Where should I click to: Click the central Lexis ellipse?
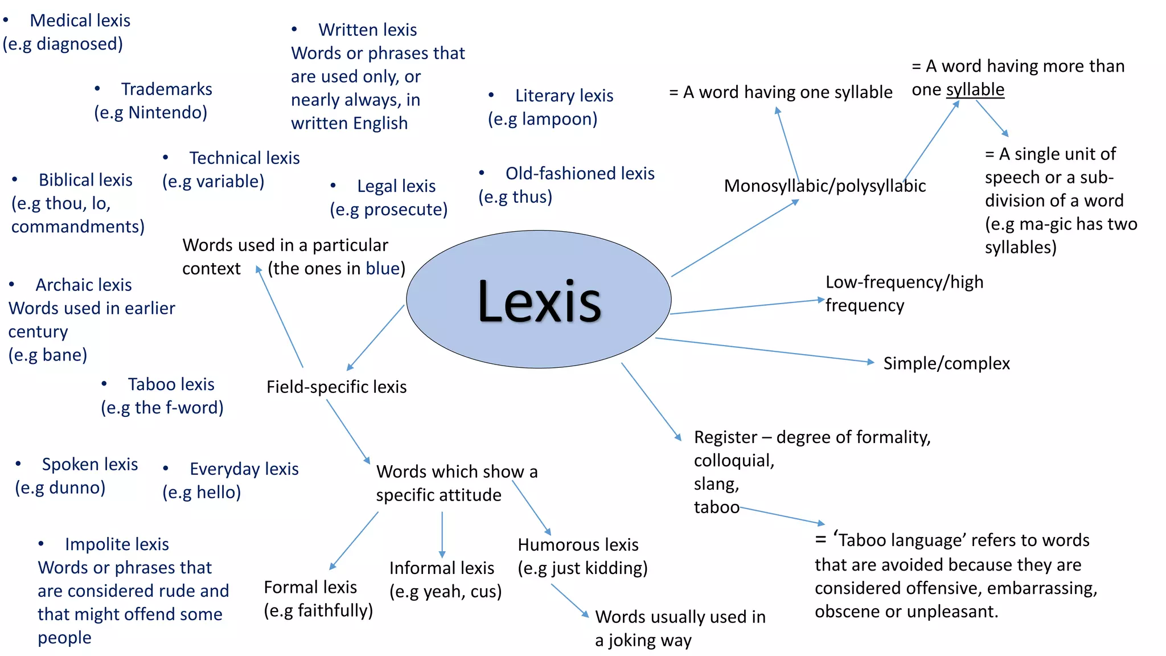tap(539, 299)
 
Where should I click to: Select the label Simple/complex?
tap(946, 363)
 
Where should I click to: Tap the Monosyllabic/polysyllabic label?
tap(824, 186)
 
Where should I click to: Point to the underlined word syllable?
tap(975, 90)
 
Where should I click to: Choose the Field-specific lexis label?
tap(336, 387)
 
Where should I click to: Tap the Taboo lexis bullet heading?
tap(171, 384)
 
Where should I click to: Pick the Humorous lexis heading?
tap(578, 545)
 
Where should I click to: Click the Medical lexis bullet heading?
tap(80, 20)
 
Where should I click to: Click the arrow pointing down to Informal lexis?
tap(442, 534)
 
